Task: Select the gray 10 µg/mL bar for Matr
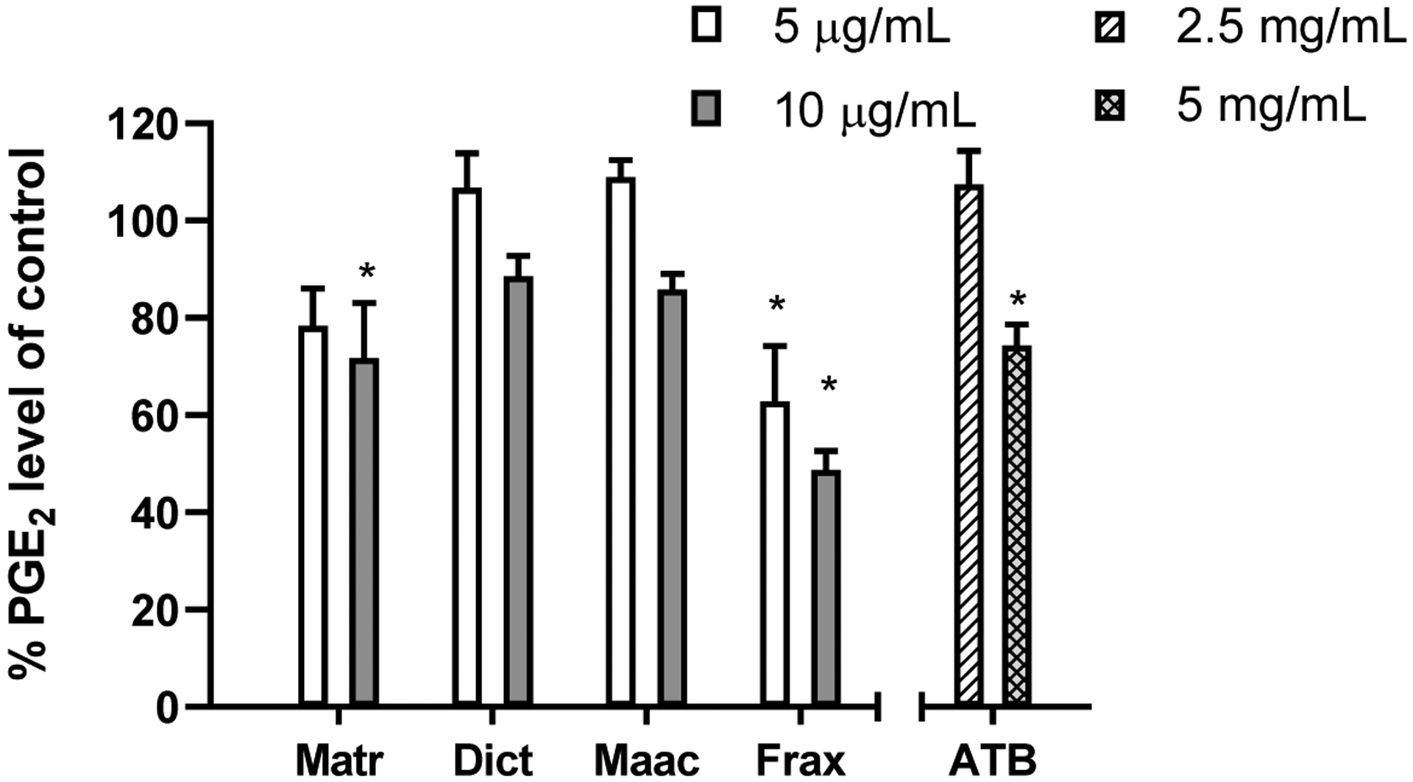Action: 363,530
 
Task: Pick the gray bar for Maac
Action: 672,497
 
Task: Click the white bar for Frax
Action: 775,552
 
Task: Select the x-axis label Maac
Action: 646,761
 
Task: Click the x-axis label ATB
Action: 992,761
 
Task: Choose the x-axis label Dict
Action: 493,761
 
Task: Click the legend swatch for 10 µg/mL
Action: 706,110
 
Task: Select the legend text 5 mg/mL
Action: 1271,107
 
